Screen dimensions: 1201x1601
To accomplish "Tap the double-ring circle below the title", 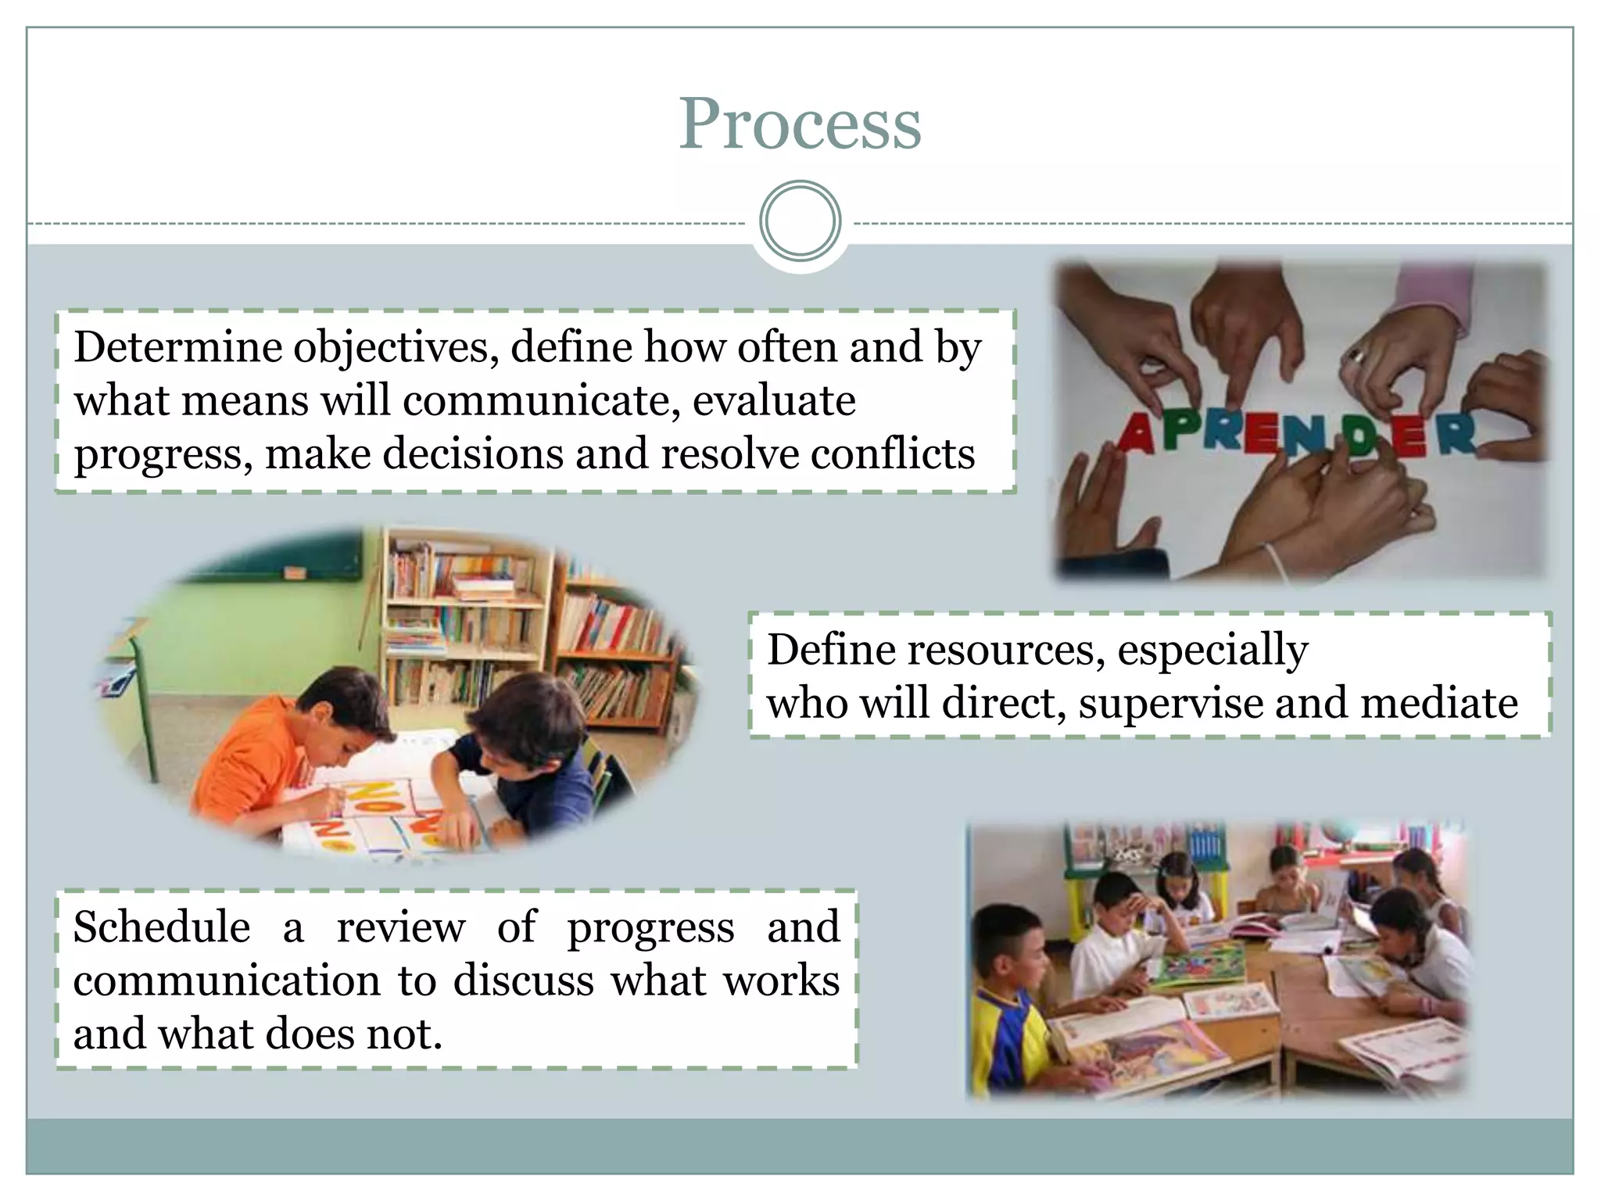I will [x=800, y=221].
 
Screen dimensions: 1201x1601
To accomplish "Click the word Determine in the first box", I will [x=178, y=347].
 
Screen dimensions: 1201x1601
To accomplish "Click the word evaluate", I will [x=774, y=401].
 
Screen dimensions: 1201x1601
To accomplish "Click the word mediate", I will [x=1439, y=703].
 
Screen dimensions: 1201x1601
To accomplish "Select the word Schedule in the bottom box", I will [x=162, y=928].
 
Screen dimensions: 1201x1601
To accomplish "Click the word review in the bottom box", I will [x=400, y=928].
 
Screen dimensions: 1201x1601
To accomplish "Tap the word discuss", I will [x=523, y=981].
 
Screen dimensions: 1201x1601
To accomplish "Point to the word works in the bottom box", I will [x=781, y=981].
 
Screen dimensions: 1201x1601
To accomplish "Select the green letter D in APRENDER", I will [x=1361, y=436].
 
